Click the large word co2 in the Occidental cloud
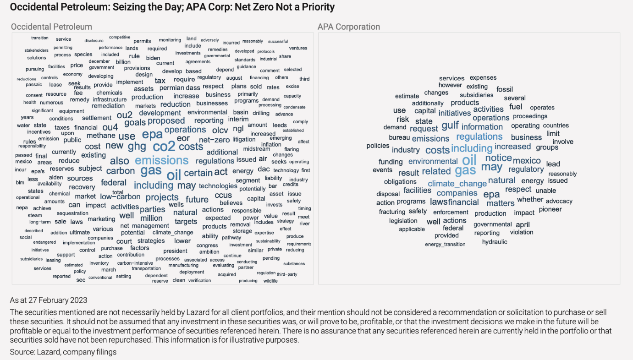click(x=164, y=147)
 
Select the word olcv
click(x=220, y=131)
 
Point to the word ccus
click(x=223, y=195)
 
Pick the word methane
click(x=101, y=135)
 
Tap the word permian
click(x=172, y=87)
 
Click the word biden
click(x=153, y=58)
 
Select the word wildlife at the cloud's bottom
click(x=270, y=281)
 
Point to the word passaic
click(x=33, y=85)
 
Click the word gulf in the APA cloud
click(x=450, y=125)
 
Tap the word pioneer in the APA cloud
click(x=550, y=209)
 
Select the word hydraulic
click(x=495, y=242)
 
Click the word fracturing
click(x=392, y=212)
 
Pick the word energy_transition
click(x=445, y=245)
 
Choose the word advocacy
click(x=559, y=201)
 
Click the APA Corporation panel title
click(x=348, y=27)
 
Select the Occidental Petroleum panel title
click(x=51, y=27)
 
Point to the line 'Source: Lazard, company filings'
click(x=63, y=352)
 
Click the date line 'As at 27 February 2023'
click(x=49, y=300)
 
